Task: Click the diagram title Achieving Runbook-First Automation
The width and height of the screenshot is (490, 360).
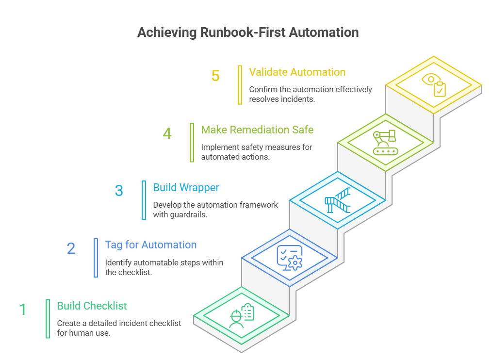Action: pos(248,33)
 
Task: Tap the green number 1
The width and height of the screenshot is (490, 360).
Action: pos(23,310)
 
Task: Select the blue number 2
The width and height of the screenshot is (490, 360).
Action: pos(71,248)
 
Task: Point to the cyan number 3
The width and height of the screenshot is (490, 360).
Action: pos(119,191)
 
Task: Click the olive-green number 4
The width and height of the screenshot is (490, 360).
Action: pos(167,133)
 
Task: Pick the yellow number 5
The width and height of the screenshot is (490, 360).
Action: pos(215,76)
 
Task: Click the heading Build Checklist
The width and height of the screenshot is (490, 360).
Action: pos(92,306)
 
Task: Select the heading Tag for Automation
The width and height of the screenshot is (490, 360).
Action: pos(151,245)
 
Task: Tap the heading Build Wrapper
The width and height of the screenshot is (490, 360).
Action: pos(186,187)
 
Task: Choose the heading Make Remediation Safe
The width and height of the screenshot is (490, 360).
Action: pos(257,130)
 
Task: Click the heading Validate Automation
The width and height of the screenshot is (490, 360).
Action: pos(297,72)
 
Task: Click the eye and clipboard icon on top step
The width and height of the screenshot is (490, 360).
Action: pos(434,85)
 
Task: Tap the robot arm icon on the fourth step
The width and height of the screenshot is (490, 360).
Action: pos(386,143)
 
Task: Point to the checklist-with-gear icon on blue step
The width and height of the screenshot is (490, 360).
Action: pos(290,258)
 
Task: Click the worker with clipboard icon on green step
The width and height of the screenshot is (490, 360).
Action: pos(242,315)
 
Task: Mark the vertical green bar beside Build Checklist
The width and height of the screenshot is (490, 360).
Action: pos(48,318)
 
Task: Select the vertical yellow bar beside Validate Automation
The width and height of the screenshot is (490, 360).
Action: pos(240,85)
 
